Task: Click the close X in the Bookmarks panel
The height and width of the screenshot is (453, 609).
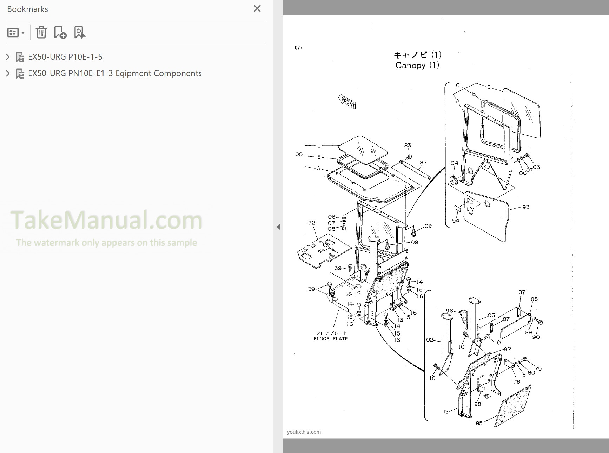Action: tap(257, 9)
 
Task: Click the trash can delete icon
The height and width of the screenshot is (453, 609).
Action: tap(41, 32)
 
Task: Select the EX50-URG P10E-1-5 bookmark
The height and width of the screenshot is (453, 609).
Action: tap(65, 57)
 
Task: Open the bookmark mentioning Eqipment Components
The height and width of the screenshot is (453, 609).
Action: tap(115, 73)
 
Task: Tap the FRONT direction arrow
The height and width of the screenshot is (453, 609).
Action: tap(347, 102)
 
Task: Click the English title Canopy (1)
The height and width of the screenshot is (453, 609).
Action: tap(417, 65)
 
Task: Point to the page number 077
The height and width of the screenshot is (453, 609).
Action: tap(298, 48)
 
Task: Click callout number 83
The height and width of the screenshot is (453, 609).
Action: tap(407, 145)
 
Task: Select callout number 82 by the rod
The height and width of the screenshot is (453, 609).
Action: tap(423, 162)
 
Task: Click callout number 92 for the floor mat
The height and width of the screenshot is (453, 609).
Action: tap(311, 223)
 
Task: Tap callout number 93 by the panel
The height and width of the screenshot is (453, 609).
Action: tap(525, 207)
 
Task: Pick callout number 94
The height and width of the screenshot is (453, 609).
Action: tap(455, 221)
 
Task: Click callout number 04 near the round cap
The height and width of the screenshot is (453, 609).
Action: tap(454, 163)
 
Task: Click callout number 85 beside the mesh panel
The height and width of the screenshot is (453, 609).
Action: tap(479, 423)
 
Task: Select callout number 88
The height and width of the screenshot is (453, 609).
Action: tap(534, 299)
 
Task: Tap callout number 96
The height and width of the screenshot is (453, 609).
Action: tap(449, 311)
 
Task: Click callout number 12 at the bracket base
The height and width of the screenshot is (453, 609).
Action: tap(445, 412)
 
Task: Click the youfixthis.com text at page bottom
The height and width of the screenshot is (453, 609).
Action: tap(304, 432)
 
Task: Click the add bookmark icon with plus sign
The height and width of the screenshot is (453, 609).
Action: tap(60, 32)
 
